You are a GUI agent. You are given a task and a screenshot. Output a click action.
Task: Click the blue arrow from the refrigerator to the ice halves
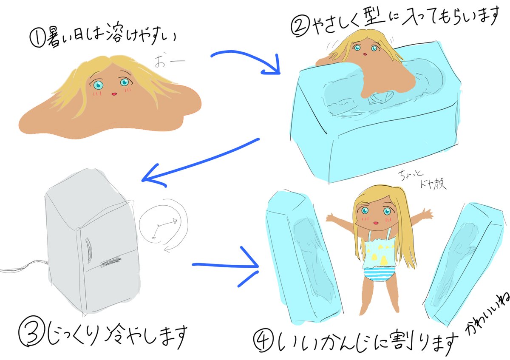227,268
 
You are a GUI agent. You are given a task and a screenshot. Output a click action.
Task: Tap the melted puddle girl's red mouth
113,94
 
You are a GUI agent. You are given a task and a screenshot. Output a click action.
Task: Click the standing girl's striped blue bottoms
377,275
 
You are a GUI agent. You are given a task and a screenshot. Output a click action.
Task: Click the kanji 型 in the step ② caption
374,19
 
